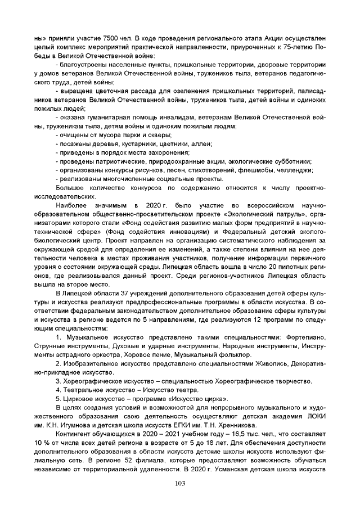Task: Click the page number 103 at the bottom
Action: [x=180, y=484]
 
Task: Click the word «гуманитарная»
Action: [x=105, y=117]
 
